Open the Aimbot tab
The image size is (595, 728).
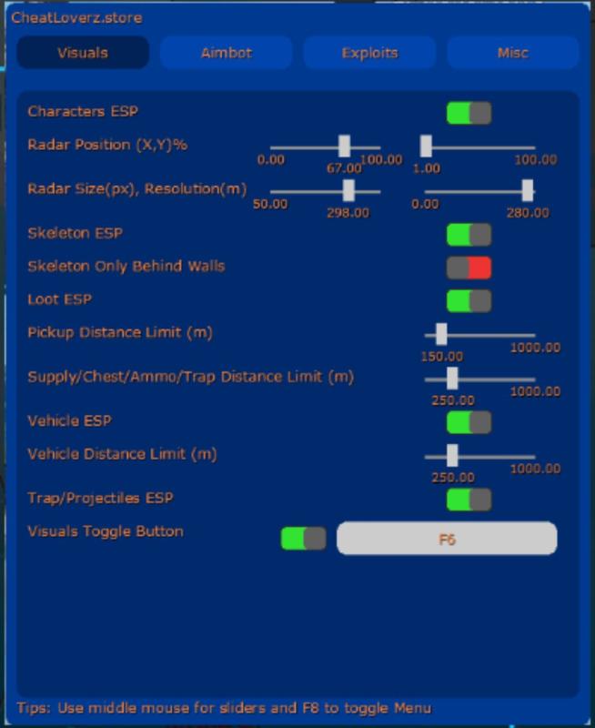(226, 53)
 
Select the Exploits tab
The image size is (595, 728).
(369, 53)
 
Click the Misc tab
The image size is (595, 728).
(512, 53)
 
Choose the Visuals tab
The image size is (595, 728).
(83, 53)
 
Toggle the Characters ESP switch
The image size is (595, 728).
(469, 113)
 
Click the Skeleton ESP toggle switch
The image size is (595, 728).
(469, 235)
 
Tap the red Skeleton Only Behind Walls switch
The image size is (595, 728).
(469, 268)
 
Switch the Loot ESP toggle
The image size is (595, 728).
(469, 300)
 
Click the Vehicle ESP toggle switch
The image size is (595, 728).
(469, 422)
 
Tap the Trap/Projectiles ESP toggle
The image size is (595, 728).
(469, 500)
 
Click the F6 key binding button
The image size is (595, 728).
(447, 539)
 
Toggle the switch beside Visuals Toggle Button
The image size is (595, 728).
(303, 539)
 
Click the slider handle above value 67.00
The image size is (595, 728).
(344, 147)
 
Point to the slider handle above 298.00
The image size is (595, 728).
(348, 190)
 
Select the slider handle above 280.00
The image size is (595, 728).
(528, 190)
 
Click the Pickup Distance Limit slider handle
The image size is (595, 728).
(441, 334)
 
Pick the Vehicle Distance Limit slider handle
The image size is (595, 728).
(452, 455)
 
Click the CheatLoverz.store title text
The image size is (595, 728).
(76, 17)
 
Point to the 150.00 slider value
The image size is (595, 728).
(441, 357)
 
